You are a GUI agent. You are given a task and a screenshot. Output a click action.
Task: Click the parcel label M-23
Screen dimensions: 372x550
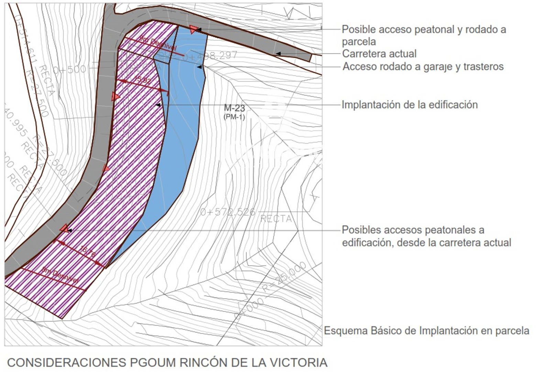point(234,108)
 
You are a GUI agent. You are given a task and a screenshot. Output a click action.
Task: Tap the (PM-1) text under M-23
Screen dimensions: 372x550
point(234,117)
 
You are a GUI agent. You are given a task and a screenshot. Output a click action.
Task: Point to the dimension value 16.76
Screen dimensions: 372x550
point(88,252)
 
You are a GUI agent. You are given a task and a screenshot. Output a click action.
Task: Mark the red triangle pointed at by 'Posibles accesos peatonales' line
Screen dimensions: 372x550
point(64,228)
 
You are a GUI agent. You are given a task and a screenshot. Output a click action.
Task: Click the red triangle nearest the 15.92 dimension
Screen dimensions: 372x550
point(115,97)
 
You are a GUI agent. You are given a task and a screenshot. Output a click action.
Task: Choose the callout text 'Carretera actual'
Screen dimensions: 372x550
point(379,54)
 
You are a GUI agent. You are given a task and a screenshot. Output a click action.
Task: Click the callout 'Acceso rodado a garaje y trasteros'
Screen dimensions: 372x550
point(423,66)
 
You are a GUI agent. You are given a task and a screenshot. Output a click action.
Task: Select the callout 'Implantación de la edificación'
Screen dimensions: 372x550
point(409,105)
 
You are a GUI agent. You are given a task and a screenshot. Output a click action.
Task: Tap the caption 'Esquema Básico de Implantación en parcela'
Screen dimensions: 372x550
point(426,331)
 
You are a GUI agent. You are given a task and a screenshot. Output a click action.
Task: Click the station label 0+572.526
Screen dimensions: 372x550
point(228,212)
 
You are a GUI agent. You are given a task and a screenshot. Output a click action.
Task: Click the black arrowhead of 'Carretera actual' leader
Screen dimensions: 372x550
point(278,54)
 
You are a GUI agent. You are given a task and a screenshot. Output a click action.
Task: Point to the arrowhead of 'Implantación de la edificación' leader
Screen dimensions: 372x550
point(158,105)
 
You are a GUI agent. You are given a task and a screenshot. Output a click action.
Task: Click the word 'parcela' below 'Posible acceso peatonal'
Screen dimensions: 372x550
point(359,42)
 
